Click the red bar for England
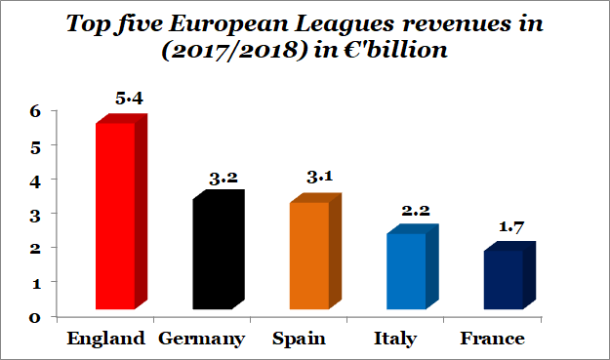point(114,215)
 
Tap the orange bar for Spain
point(307,256)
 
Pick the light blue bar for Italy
point(405,270)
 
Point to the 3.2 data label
point(225,179)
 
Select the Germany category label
point(202,339)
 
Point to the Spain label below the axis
point(299,339)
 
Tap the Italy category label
point(395,339)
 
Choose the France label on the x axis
point(492,339)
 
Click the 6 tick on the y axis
point(34,111)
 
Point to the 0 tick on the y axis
point(34,316)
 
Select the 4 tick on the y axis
point(34,180)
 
